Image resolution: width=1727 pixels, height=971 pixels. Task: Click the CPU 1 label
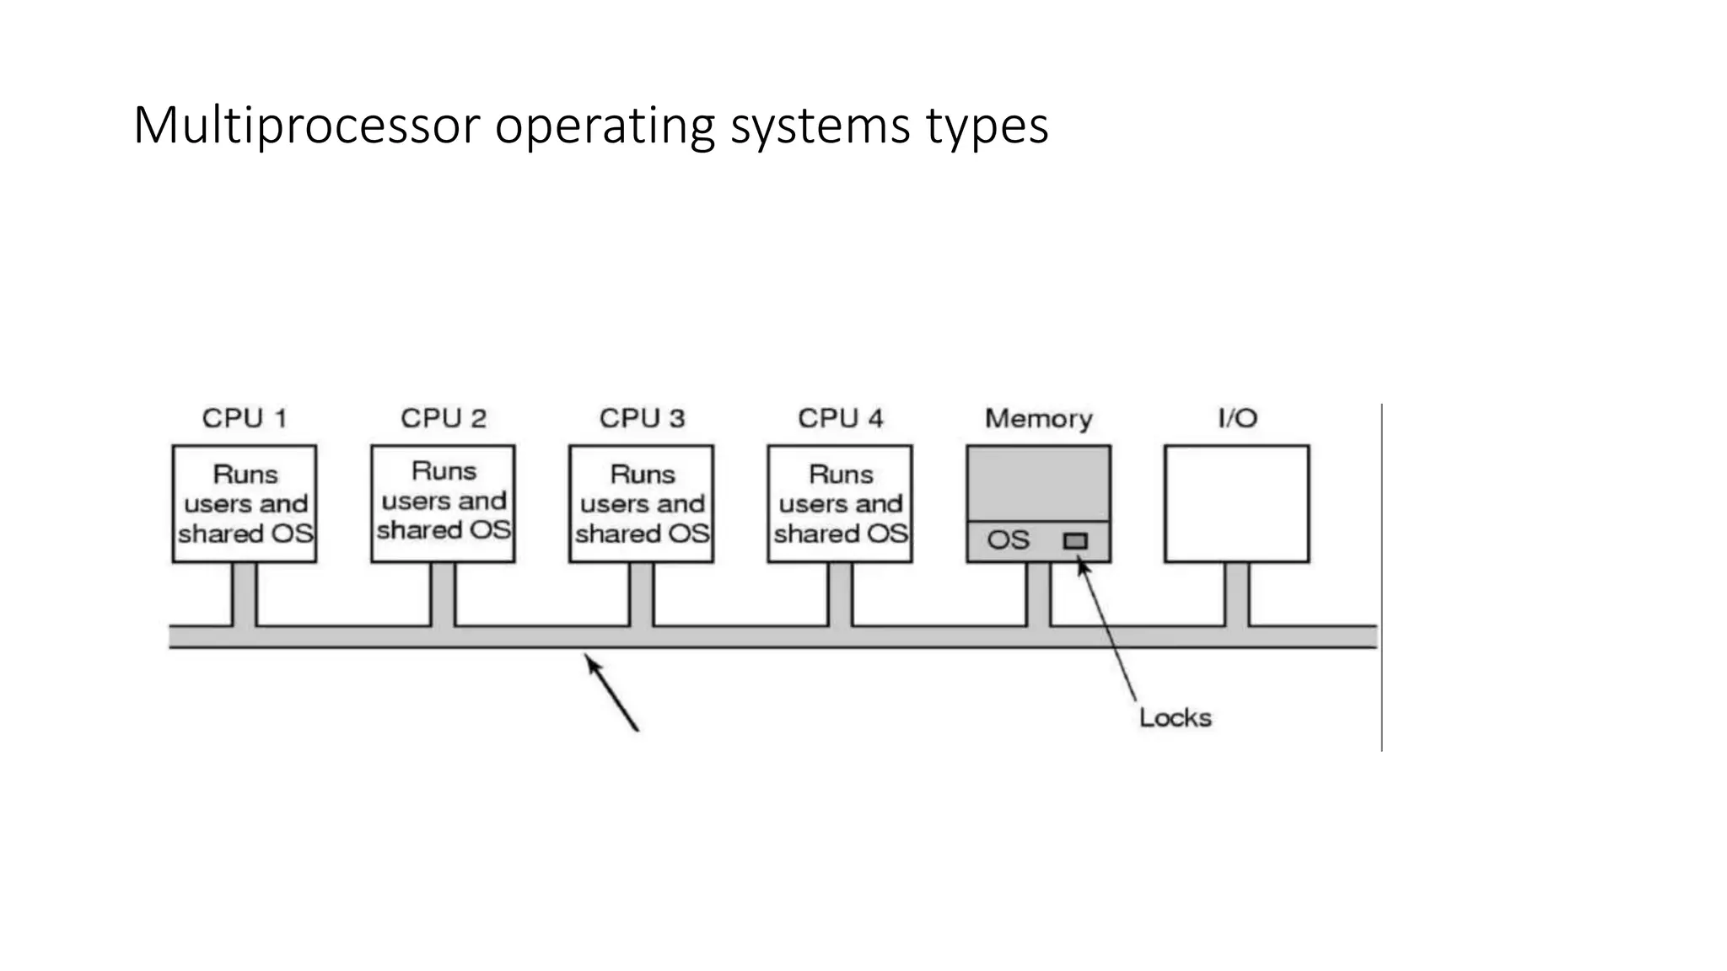[x=245, y=418]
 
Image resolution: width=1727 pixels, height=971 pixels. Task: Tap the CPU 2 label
[x=444, y=418]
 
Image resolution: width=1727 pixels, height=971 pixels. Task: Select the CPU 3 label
[x=642, y=418]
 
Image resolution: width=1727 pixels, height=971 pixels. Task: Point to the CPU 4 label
[x=841, y=418]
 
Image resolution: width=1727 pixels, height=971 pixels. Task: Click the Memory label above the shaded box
[x=1039, y=418]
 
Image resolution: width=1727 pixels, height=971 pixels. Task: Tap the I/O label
[x=1237, y=418]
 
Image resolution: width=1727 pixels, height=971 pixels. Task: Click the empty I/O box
[x=1237, y=504]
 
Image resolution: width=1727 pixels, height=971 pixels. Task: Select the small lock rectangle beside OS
[x=1075, y=541]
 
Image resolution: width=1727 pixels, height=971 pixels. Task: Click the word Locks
[x=1175, y=718]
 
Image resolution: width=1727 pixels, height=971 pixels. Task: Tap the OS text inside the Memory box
[x=1008, y=540]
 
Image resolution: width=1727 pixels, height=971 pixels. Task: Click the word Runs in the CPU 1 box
[x=245, y=475]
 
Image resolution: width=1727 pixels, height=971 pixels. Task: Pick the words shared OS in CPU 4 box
[x=841, y=534]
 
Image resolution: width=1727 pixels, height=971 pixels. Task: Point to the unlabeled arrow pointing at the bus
[x=612, y=694]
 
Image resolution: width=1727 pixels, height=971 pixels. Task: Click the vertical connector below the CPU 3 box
[x=642, y=594]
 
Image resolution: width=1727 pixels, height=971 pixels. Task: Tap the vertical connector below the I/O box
[x=1237, y=594]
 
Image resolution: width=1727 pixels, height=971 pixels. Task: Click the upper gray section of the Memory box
[x=1039, y=483]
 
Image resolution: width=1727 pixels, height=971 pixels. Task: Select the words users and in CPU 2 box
[x=444, y=501]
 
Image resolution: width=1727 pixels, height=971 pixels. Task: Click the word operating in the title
[x=605, y=126]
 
